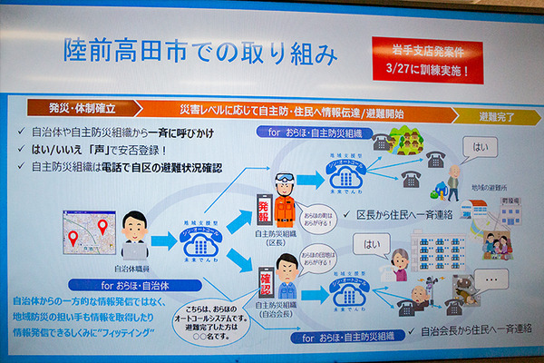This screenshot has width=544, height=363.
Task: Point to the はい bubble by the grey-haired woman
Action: pos(371,244)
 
